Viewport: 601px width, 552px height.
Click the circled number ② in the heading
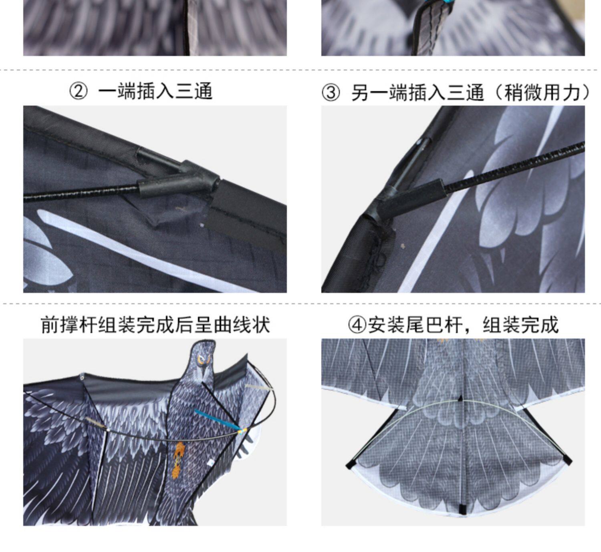[78, 92]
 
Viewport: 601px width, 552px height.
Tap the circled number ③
[331, 93]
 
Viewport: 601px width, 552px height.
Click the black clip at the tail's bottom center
[460, 509]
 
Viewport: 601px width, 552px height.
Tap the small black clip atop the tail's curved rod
[460, 399]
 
